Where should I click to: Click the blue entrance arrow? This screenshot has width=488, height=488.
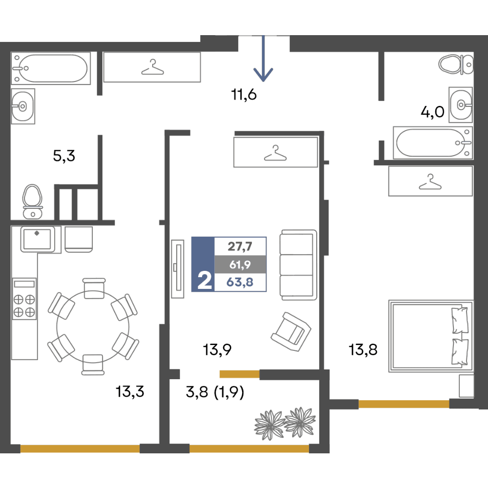click(264, 59)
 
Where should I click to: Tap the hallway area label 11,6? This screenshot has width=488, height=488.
click(244, 95)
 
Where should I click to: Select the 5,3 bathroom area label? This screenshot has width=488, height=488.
click(64, 156)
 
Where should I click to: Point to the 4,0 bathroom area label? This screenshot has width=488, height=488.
click(432, 112)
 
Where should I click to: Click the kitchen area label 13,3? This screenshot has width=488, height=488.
click(130, 391)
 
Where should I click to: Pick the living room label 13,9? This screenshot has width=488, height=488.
click(217, 350)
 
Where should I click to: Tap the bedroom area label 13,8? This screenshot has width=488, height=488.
click(363, 349)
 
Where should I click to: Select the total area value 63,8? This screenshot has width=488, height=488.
click(240, 282)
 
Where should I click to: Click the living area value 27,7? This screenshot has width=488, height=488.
click(240, 246)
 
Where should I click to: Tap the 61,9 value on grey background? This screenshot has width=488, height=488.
click(240, 264)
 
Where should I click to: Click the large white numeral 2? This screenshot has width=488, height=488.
click(205, 281)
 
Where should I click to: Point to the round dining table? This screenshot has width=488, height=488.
click(93, 326)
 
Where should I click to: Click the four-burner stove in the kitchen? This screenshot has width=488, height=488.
click(24, 299)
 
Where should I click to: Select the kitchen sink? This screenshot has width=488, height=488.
click(38, 239)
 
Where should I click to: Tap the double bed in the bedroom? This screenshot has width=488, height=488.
click(431, 336)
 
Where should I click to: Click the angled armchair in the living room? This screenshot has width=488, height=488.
click(291, 332)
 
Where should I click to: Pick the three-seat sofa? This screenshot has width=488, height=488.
click(298, 265)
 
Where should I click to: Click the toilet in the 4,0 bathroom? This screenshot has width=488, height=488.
click(456, 64)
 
